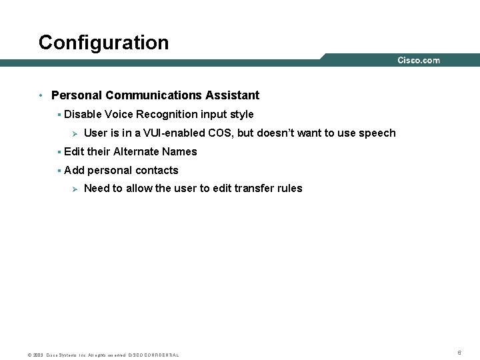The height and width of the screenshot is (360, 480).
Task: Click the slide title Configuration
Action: (103, 43)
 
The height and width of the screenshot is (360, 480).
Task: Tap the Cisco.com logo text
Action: (419, 61)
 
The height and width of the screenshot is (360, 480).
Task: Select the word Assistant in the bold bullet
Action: (233, 95)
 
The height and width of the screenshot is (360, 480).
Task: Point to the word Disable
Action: (82, 115)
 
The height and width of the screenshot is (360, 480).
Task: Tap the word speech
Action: (377, 133)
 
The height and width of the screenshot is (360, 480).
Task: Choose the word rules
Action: (289, 189)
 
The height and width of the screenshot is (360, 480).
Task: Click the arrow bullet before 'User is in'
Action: (75, 133)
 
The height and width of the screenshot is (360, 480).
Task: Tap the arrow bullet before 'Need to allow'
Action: (75, 189)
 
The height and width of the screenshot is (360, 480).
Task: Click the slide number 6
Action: (459, 352)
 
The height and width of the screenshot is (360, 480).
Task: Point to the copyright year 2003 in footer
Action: (39, 355)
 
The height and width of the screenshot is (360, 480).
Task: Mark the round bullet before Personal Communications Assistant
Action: (41, 95)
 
